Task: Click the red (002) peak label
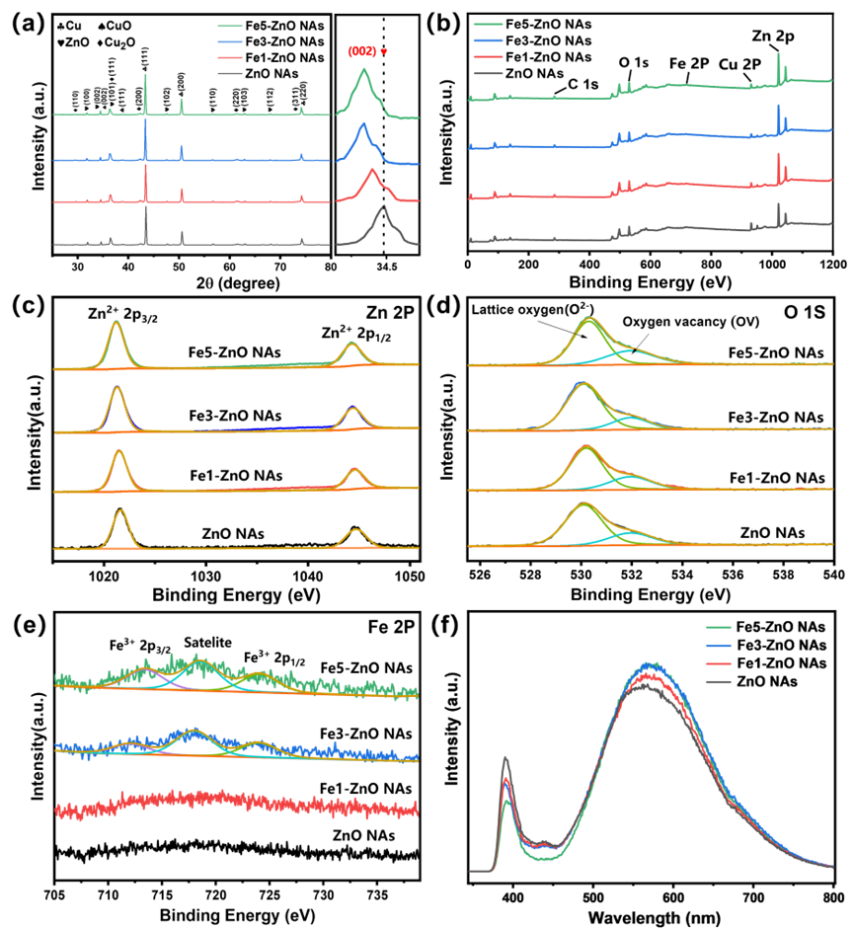[x=364, y=50]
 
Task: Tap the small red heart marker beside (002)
[x=385, y=50]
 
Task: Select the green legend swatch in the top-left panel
[x=230, y=26]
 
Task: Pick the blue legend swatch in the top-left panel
[x=230, y=41]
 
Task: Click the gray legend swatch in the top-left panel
[x=230, y=72]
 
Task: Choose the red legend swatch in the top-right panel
[x=488, y=57]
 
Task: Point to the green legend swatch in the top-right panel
[x=488, y=25]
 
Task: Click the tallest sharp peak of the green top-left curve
[x=145, y=77]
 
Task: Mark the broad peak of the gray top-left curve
[x=383, y=208]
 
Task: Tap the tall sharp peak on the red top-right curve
[x=778, y=156]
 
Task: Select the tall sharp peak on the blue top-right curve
[x=778, y=107]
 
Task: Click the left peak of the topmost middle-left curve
[x=116, y=323]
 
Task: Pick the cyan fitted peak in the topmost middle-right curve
[x=633, y=349]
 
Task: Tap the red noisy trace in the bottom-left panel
[x=237, y=803]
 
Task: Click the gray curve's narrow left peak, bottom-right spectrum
[x=505, y=759]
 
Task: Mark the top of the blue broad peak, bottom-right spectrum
[x=651, y=664]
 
